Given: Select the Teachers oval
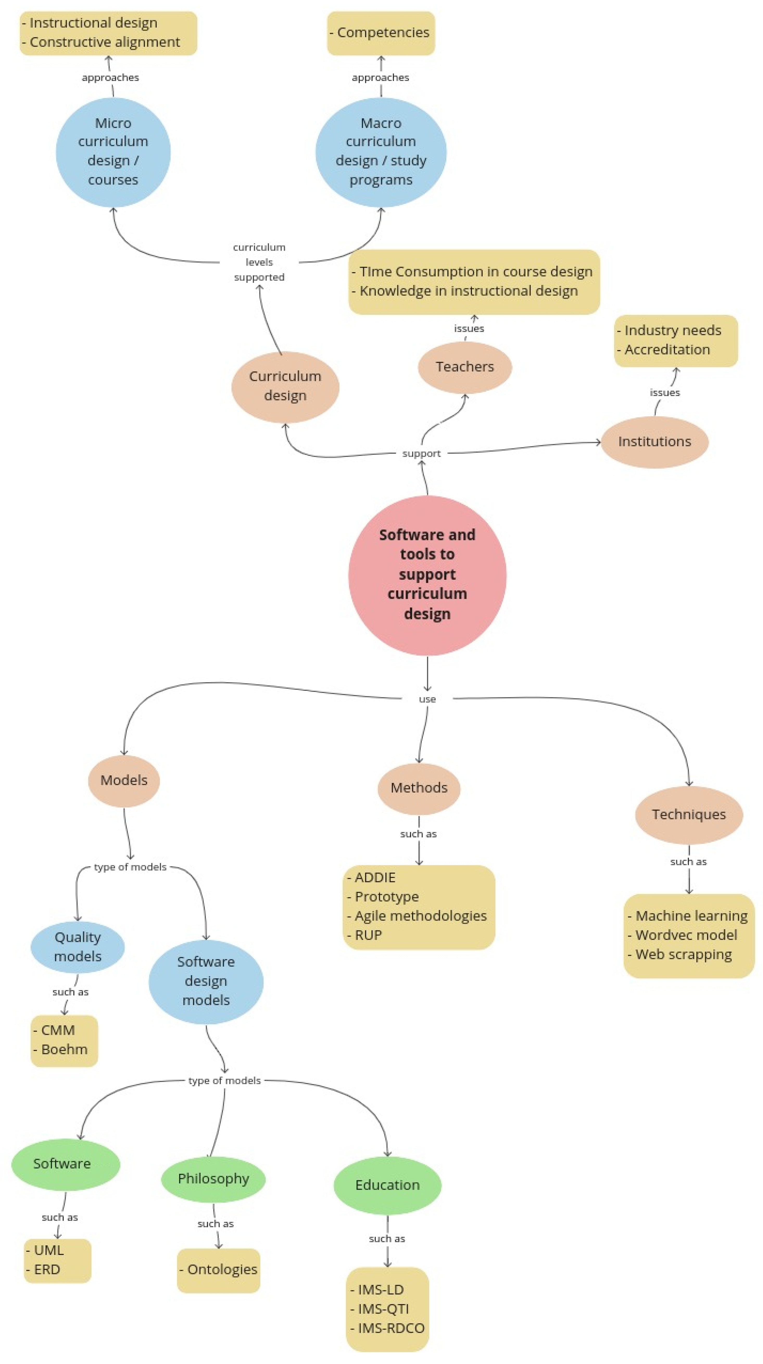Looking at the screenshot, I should click(x=465, y=366).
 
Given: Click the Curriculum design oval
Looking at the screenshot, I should click(x=285, y=386).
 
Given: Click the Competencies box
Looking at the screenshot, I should click(x=381, y=33).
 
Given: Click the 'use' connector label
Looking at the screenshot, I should click(x=427, y=699).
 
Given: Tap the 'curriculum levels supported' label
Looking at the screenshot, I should click(x=259, y=262).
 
